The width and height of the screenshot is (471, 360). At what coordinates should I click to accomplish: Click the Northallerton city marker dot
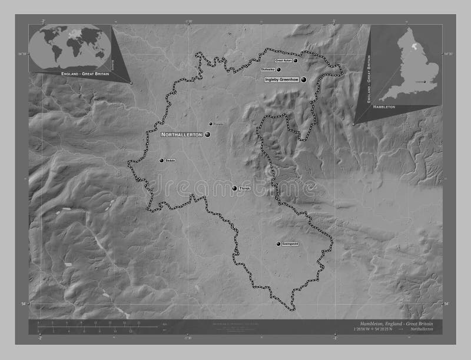pos(207,135)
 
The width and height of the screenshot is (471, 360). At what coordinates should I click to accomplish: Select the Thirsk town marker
pos(234,188)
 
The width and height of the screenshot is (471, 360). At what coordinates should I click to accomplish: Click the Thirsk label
pos(245,188)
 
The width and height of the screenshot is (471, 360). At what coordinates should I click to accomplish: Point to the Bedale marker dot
pos(161,160)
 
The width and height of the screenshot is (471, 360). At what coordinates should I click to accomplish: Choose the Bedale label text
pos(171,160)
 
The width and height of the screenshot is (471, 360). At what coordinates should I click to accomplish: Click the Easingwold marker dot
pos(278,244)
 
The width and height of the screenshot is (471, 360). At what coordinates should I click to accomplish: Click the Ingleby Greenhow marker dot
pos(304,79)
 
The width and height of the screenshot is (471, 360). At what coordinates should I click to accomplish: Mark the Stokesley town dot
pos(278,69)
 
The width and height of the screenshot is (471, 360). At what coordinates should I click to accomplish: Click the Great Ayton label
pos(284,60)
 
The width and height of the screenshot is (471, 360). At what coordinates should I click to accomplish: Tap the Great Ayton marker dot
pos(296,60)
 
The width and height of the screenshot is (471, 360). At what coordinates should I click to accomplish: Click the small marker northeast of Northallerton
pos(210,124)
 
